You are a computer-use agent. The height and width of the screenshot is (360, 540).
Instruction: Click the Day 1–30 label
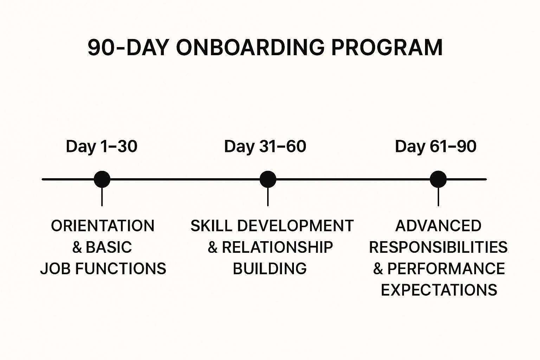(x=102, y=146)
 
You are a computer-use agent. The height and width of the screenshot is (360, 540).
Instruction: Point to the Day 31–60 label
(x=265, y=146)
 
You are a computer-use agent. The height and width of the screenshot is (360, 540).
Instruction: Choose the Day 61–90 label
(x=436, y=146)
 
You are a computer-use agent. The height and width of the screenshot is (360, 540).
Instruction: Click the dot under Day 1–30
(x=102, y=179)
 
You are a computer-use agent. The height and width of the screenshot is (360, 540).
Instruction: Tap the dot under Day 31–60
(x=268, y=179)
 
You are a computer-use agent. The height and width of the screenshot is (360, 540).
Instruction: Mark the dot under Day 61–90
(x=438, y=179)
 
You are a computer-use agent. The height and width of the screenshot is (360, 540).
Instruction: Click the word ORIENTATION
(x=103, y=226)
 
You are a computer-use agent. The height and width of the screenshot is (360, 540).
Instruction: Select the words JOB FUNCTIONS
(x=103, y=269)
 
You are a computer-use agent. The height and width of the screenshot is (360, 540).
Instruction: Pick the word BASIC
(x=109, y=247)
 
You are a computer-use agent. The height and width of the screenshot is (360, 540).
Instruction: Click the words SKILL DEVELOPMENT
(x=272, y=226)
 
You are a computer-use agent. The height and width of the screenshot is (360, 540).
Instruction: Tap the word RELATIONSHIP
(x=277, y=247)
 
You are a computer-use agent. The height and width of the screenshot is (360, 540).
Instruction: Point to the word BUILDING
(x=270, y=269)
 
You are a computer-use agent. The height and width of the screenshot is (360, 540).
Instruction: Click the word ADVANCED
(x=438, y=226)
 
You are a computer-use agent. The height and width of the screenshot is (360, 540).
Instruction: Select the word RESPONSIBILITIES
(x=438, y=247)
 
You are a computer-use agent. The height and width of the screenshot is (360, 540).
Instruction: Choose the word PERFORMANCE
(x=446, y=269)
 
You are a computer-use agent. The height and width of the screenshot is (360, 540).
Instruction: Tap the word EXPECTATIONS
(x=439, y=290)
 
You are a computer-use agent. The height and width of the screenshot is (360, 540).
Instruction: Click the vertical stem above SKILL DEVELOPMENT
(x=268, y=197)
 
